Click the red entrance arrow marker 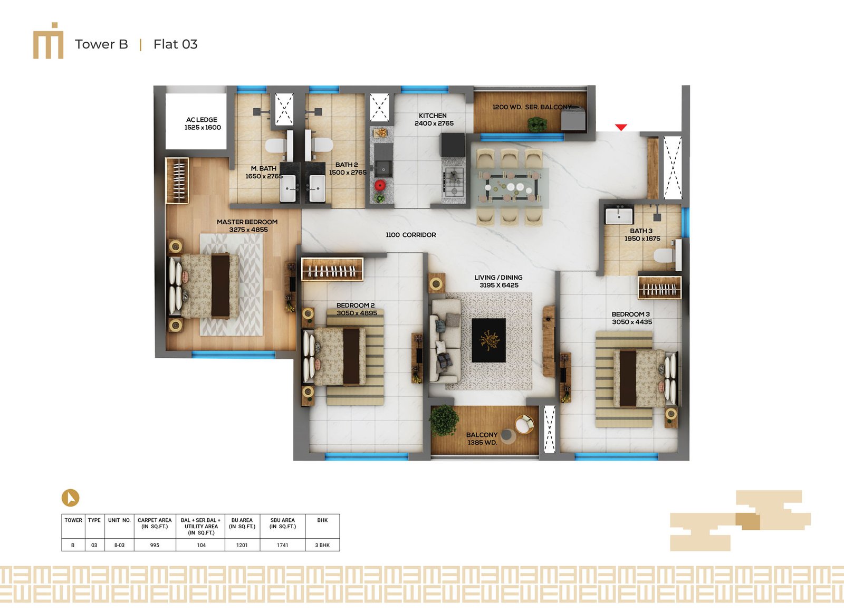tap(621, 127)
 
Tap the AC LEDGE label tap(202, 120)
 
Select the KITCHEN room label tap(433, 116)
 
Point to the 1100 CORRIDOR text tap(411, 235)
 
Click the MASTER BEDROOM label tap(247, 222)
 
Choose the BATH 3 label tap(641, 231)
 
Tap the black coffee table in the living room tap(488, 340)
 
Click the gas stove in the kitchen tap(454, 182)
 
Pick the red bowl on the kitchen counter tap(380, 185)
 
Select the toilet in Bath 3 tap(667, 255)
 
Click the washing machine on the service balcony tap(573, 118)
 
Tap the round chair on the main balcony tap(524, 424)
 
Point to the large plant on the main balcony tap(444, 421)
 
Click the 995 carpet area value tap(155, 545)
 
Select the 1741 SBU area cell tap(283, 545)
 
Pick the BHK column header tap(322, 520)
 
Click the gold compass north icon tap(71, 498)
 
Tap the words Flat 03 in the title tap(175, 44)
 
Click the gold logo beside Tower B tap(48, 41)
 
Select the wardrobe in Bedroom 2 tap(332, 269)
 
